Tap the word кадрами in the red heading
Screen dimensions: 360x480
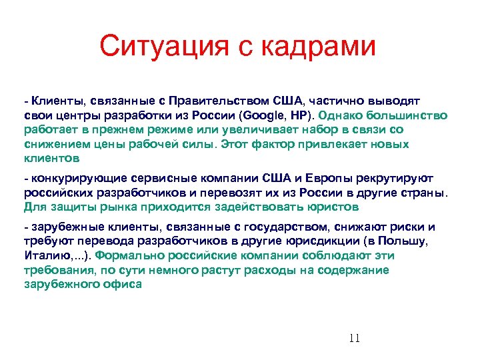pos(318,47)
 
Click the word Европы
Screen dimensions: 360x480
pos(333,178)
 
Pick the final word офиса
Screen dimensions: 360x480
pos(124,284)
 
